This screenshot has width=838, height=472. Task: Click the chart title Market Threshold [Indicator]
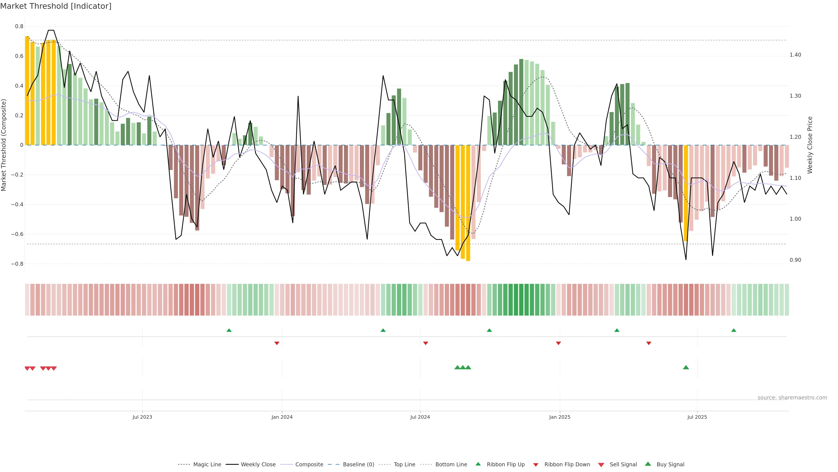point(56,6)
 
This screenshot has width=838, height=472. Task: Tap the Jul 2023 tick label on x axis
point(142,417)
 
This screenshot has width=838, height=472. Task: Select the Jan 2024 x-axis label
point(282,417)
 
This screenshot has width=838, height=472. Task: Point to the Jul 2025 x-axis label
point(697,417)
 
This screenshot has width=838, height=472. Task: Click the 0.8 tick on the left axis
point(19,26)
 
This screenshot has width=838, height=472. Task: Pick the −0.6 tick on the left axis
point(17,234)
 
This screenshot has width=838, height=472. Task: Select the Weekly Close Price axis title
point(810,145)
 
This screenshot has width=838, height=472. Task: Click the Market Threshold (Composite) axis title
point(4,145)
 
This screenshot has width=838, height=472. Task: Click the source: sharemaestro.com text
point(792,398)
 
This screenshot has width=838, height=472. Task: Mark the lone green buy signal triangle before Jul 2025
point(686,367)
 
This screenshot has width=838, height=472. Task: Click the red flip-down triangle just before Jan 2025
point(558,343)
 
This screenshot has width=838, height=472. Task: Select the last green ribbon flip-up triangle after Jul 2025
point(733,330)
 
